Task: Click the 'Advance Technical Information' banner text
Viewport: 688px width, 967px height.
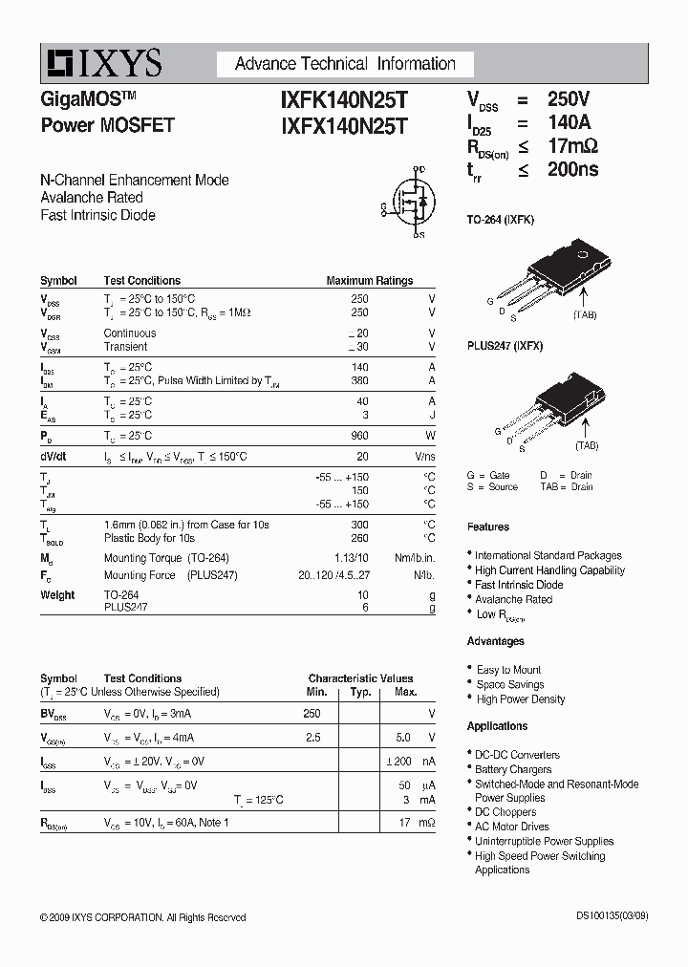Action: [345, 64]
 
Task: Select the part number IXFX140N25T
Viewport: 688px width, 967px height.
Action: [343, 125]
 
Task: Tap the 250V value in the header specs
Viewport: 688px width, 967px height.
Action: [569, 99]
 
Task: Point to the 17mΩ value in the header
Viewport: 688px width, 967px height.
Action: [572, 146]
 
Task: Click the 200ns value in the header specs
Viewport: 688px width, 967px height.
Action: [572, 170]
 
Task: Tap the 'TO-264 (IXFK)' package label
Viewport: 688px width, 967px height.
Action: [500, 220]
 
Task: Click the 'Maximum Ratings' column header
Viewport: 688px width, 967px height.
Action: [369, 281]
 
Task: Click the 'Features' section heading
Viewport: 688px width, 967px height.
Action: [487, 527]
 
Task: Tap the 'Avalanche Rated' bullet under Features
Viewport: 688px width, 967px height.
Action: [513, 599]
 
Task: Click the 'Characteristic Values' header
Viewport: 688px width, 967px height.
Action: [360, 678]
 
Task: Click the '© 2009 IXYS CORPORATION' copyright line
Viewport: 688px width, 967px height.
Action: [143, 917]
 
